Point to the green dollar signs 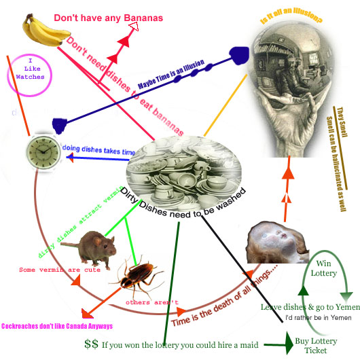[x=92, y=344]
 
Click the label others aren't [x=152, y=302]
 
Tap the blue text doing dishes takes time [x=99, y=149]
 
